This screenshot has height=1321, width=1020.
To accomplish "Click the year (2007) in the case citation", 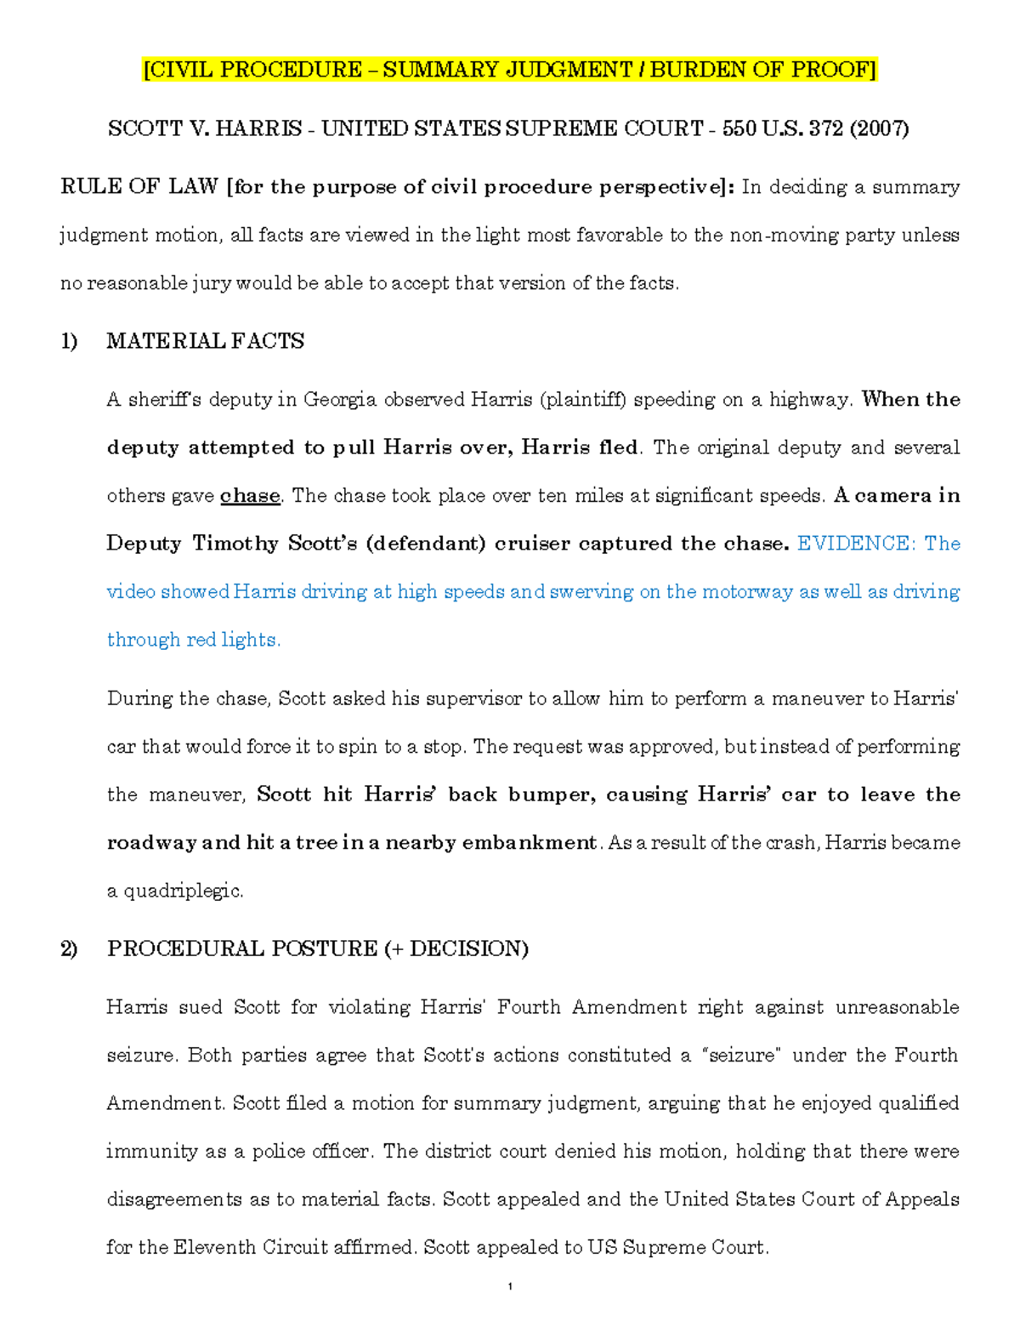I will [879, 128].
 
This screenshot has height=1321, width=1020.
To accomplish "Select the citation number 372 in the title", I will [825, 128].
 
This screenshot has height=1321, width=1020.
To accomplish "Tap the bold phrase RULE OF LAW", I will [139, 187].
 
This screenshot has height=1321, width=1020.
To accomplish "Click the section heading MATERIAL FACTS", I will [205, 341].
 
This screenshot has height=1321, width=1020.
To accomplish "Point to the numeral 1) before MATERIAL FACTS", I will [69, 341].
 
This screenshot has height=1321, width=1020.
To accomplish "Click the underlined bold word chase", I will [250, 496].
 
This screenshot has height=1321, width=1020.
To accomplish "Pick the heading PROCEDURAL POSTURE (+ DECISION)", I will [317, 948].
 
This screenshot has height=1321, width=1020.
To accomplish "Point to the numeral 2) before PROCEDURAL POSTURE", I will [69, 948].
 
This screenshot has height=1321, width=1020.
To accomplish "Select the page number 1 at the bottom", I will [508, 1287].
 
